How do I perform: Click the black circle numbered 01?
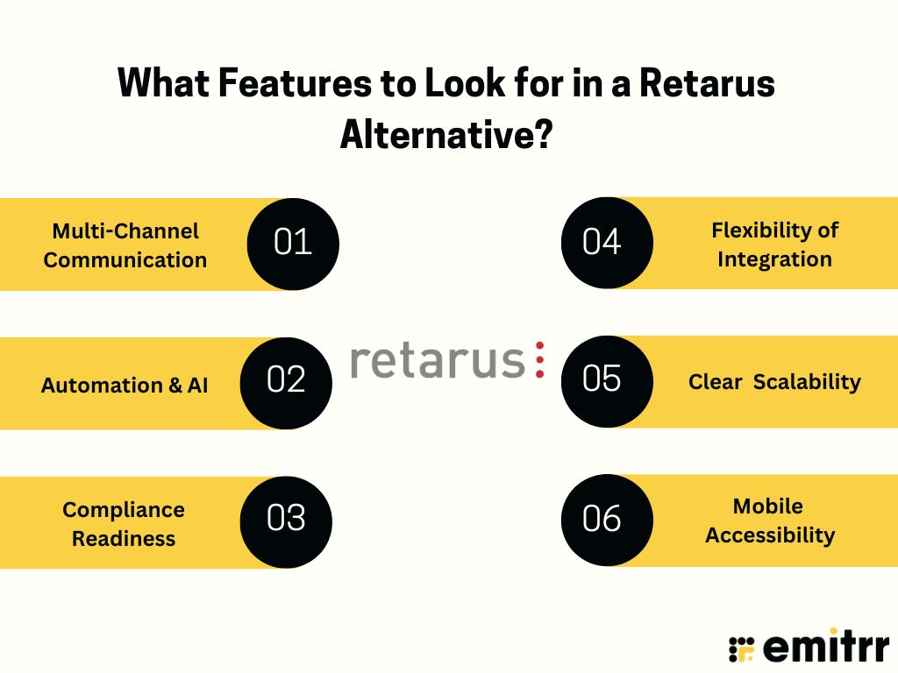coord(293,244)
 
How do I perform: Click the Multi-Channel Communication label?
coord(125,245)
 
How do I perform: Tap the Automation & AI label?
coord(125,385)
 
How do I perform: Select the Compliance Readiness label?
coord(124,524)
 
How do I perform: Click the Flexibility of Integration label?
coord(774,244)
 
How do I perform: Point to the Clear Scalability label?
coord(774,382)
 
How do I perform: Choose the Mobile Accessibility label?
coord(770,521)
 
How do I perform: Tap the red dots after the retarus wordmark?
coord(539,361)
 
